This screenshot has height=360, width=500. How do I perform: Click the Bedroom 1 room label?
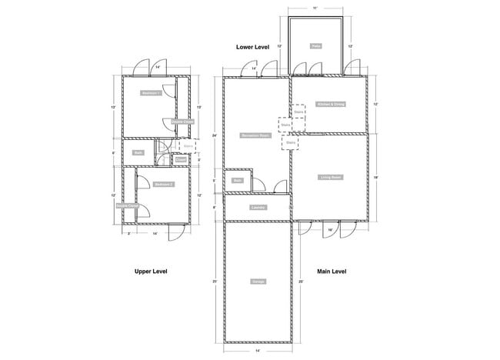coord(151,93)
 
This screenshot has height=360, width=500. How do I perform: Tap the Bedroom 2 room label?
coord(162,185)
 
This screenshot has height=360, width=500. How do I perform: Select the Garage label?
coord(258,282)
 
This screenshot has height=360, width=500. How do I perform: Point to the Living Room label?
coord(331,178)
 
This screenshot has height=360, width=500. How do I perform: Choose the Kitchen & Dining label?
coord(331,104)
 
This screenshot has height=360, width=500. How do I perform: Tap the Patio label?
coord(316,46)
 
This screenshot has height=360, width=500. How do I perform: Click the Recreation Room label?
coord(254,135)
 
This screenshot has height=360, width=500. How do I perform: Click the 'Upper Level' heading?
coord(151,272)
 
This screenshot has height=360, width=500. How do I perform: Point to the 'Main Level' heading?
coord(332,272)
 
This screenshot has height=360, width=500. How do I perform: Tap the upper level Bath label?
coord(138,152)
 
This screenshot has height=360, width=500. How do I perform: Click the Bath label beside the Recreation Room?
coord(238,181)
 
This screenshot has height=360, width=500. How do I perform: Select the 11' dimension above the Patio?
coord(315,7)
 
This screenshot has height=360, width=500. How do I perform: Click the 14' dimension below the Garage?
coord(258,351)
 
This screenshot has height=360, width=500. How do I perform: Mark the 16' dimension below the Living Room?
coord(330,230)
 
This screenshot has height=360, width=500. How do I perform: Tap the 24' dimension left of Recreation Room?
coord(216,135)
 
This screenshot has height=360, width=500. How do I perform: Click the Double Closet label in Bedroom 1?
coord(182,122)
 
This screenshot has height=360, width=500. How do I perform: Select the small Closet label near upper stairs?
coord(182,159)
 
